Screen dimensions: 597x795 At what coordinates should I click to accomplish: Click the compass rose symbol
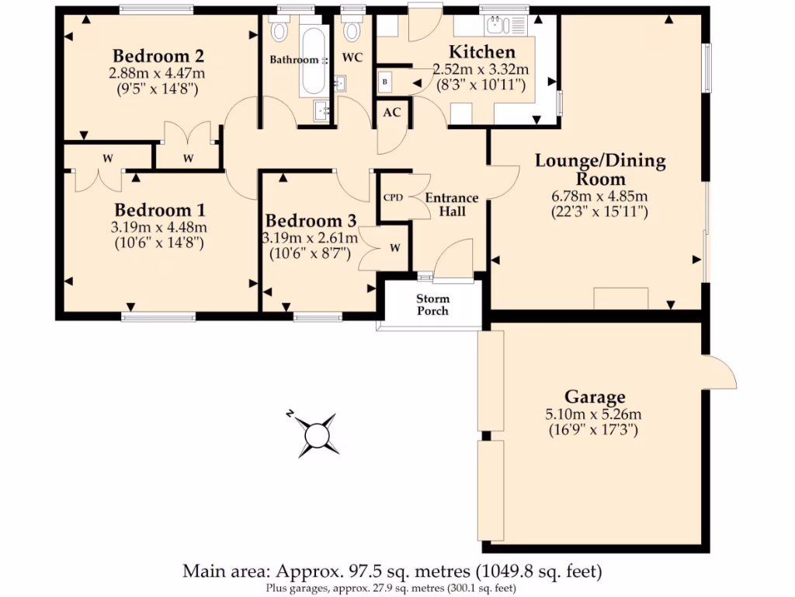[317, 434]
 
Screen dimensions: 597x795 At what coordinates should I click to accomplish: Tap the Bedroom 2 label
[158, 56]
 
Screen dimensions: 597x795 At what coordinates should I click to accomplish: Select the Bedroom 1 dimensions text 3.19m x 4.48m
[158, 228]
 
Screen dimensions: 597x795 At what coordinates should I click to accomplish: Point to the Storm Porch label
[432, 305]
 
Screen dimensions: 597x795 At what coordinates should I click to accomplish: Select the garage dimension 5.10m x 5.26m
[595, 414]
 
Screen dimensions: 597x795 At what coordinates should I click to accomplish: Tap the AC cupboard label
[393, 112]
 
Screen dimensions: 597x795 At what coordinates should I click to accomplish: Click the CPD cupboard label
[394, 197]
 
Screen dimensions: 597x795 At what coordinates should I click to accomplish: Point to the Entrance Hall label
[451, 204]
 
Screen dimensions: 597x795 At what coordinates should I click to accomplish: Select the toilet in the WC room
[353, 30]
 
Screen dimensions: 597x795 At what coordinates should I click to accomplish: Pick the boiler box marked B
[385, 81]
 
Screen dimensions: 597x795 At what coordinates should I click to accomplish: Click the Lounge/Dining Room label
[600, 169]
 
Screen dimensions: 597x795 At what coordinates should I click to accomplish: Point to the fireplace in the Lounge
[620, 298]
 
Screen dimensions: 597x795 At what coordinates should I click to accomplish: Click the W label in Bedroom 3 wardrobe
[394, 248]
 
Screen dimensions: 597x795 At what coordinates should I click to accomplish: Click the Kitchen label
[483, 52]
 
